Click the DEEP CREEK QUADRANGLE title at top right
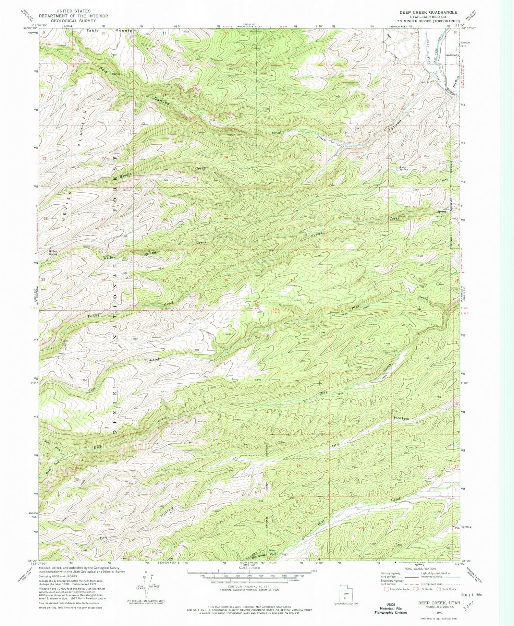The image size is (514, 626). tap(428, 12)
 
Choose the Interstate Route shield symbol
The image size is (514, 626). tap(387, 589)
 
